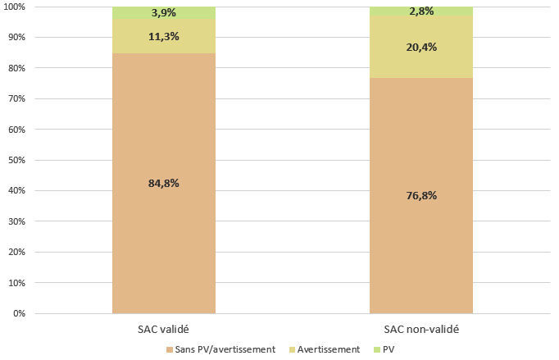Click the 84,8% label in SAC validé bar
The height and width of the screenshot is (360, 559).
tap(164, 183)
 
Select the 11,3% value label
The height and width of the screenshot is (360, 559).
tap(164, 36)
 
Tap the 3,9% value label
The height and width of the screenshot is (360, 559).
tap(164, 13)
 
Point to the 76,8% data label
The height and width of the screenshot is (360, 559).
tap(421, 195)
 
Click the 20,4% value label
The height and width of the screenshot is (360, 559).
tap(421, 47)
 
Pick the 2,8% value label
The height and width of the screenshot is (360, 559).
tap(421, 11)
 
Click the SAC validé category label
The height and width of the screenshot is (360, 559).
tap(164, 329)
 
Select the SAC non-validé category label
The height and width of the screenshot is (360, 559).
tap(421, 329)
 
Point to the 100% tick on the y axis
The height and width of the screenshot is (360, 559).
tap(16, 7)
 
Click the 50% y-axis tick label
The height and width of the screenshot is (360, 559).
tap(18, 160)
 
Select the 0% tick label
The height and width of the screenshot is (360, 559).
tap(20, 313)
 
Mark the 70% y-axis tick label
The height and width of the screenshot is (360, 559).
tap(18, 98)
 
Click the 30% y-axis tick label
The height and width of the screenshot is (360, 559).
tap(18, 221)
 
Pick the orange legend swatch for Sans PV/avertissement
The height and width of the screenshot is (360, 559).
tap(170, 349)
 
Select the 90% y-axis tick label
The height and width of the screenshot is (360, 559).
tap(18, 38)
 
